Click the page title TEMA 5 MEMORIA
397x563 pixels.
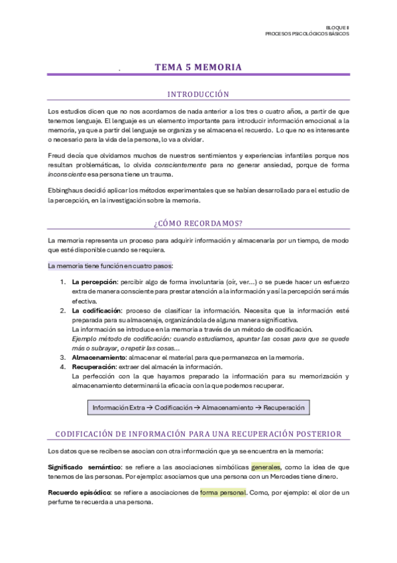point(198,67)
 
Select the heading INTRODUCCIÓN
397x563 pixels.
point(198,94)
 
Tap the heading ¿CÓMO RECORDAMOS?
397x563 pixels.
point(198,223)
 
